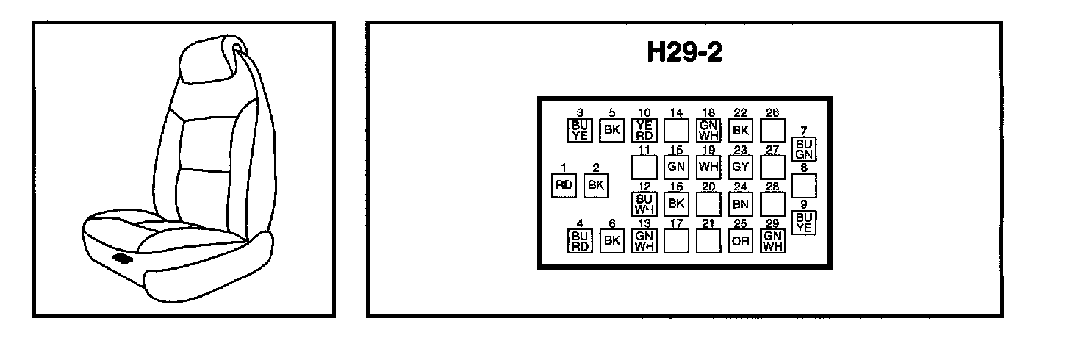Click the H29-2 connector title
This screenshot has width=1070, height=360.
684,53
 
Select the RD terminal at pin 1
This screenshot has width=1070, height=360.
564,185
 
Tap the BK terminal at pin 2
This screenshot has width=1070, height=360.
596,185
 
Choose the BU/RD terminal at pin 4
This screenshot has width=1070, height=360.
580,241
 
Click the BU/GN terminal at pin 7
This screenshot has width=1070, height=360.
804,149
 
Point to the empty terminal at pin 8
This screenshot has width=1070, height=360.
805,185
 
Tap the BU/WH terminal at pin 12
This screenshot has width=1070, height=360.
644,204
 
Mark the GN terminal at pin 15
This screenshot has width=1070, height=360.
676,167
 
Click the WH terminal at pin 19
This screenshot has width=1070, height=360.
708,167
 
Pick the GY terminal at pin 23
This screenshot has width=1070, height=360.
740,167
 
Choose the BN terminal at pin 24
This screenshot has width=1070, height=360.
740,204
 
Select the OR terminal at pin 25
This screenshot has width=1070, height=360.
740,241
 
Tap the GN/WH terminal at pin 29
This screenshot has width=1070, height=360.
772,241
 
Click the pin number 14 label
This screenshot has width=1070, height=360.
676,112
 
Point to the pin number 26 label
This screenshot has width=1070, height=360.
772,112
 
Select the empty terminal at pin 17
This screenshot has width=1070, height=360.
676,241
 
